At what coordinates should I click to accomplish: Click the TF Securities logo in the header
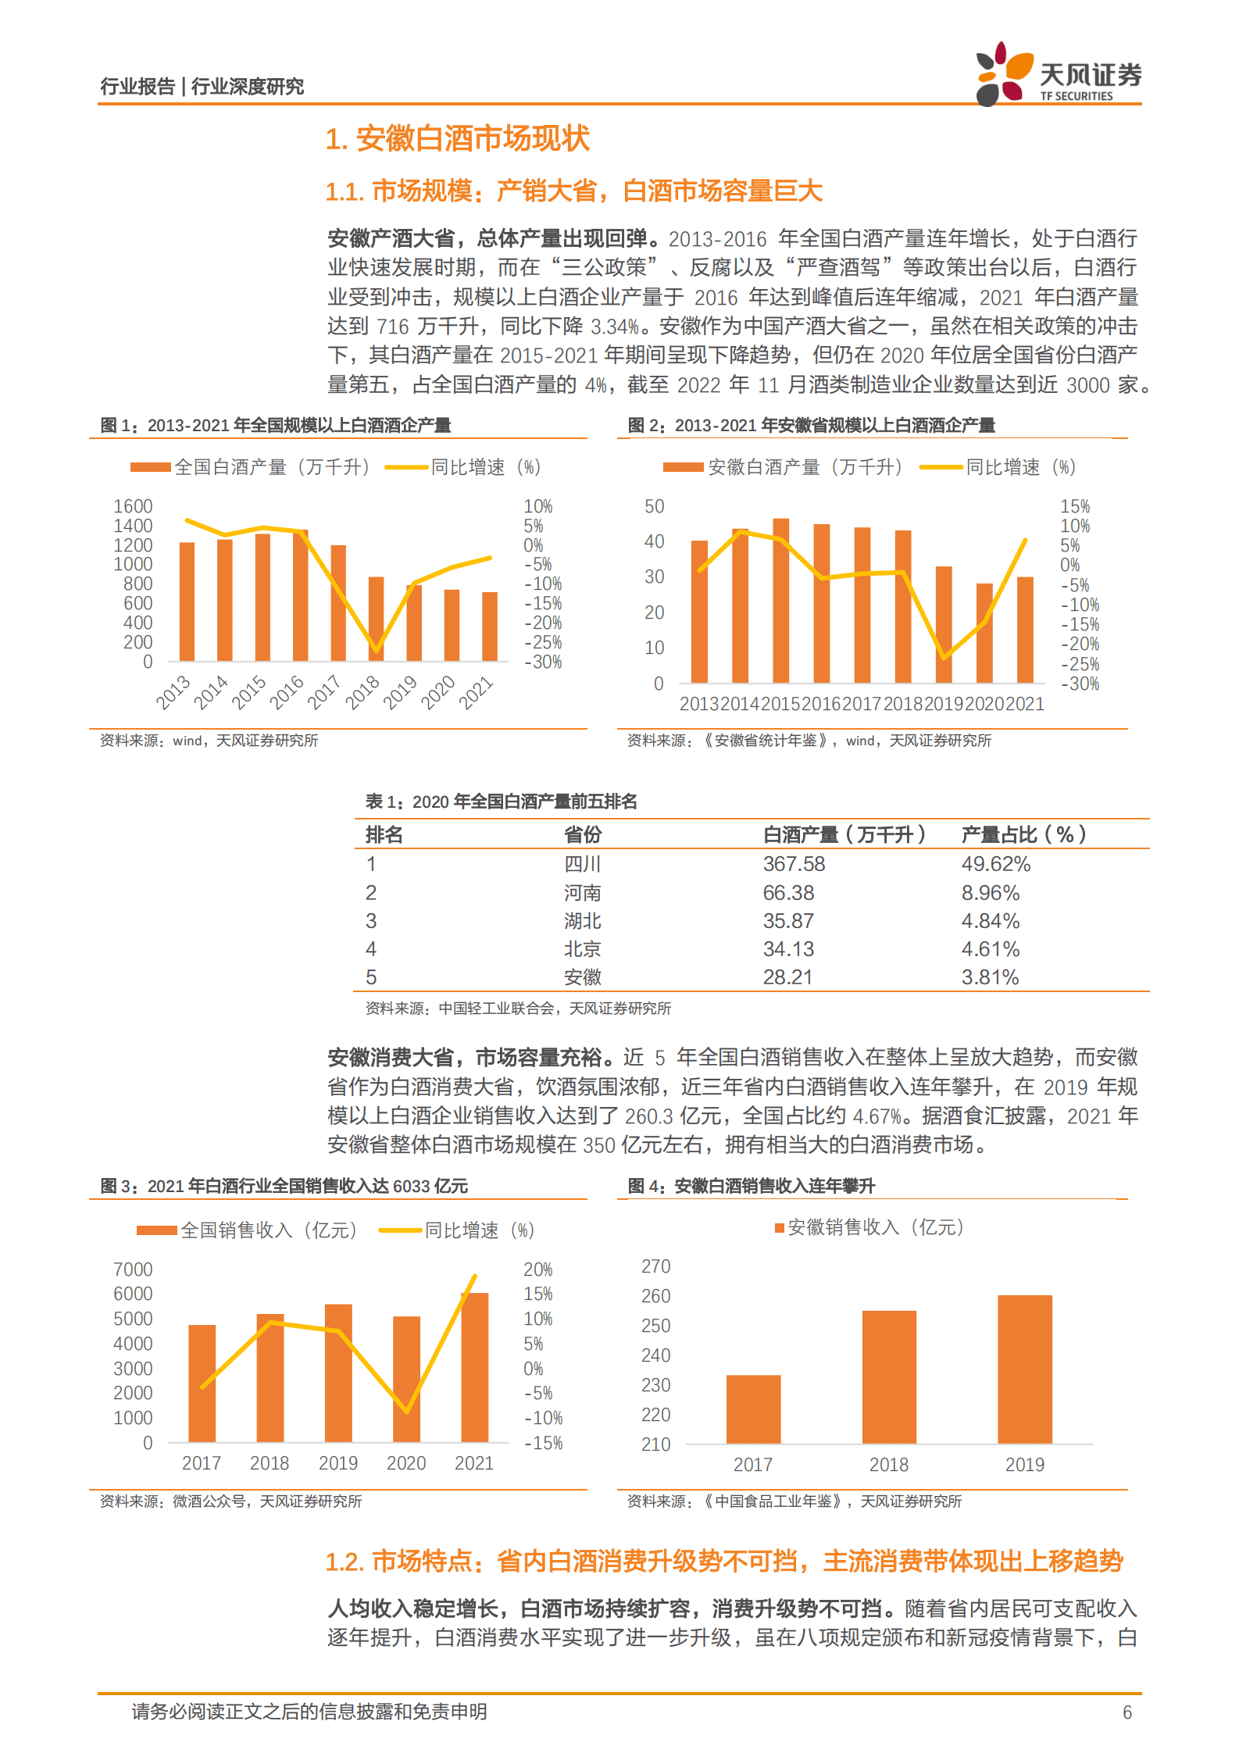(x=1058, y=74)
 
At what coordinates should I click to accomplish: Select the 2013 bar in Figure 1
(x=187, y=602)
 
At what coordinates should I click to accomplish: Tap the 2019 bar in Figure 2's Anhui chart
(x=944, y=625)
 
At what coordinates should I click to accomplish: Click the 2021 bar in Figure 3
(x=474, y=1367)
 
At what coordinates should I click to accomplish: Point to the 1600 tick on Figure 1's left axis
(x=133, y=506)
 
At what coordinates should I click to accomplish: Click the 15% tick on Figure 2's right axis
(x=1075, y=506)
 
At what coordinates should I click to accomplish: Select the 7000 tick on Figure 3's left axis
(x=133, y=1269)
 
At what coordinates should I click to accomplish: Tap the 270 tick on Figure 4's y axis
(x=655, y=1266)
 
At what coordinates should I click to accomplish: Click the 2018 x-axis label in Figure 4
(x=889, y=1465)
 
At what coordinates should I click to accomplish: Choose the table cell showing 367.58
(x=794, y=864)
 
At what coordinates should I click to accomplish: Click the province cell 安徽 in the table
(x=583, y=977)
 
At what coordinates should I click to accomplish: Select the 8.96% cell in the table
(x=990, y=893)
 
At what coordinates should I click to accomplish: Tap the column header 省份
(x=583, y=835)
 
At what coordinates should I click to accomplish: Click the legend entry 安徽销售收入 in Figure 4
(x=869, y=1227)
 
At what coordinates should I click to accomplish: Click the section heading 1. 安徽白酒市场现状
(x=457, y=139)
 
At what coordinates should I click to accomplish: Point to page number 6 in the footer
(x=1127, y=1712)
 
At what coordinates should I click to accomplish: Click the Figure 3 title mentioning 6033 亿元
(x=284, y=1186)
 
